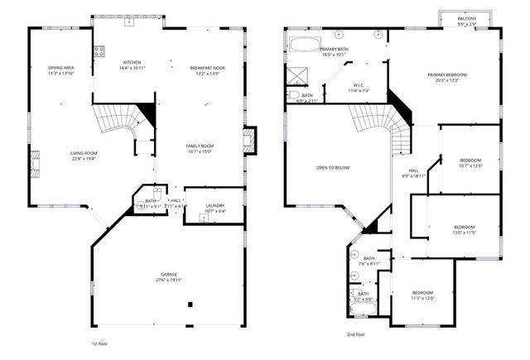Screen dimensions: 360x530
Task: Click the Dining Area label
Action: pos(60,67)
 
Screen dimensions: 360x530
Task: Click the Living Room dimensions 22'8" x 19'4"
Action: pos(84,159)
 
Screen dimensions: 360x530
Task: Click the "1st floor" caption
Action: pos(99,343)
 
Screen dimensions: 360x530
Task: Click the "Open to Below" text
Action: pos(333,167)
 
